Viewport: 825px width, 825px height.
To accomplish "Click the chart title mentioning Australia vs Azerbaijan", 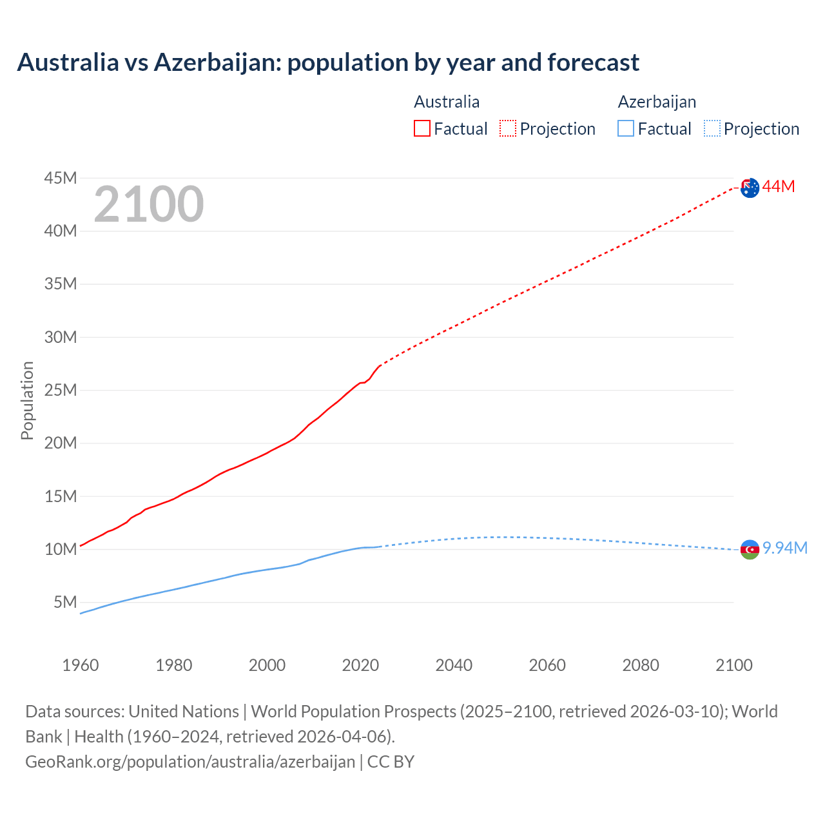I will point(328,63).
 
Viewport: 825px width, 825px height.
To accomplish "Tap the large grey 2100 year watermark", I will point(149,204).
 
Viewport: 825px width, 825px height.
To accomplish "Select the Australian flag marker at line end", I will point(750,188).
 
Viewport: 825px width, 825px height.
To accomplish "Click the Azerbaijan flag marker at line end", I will point(750,549).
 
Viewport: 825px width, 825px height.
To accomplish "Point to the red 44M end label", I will point(779,187).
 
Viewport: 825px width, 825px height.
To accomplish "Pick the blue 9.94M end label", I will point(785,548).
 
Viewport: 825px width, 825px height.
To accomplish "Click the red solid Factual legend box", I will point(422,128).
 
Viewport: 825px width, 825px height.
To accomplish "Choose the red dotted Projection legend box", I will point(508,128).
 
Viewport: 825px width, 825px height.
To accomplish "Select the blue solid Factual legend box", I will point(626,128).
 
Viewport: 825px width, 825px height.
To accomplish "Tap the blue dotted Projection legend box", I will point(712,128).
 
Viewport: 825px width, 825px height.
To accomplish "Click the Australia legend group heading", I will point(447,102).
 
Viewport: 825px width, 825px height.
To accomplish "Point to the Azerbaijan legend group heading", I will point(657,102).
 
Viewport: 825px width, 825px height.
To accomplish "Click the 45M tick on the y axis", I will point(61,178).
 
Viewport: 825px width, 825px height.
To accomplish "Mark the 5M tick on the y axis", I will point(65,602).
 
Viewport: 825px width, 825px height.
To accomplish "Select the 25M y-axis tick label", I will point(61,390).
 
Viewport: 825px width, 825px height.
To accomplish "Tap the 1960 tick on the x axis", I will point(81,665).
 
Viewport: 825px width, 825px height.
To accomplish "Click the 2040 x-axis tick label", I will point(454,665).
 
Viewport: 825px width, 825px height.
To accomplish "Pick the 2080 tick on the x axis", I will point(641,665).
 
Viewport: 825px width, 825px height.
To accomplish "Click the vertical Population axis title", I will point(27,400).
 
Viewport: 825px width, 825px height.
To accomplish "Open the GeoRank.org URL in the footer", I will point(190,762).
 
